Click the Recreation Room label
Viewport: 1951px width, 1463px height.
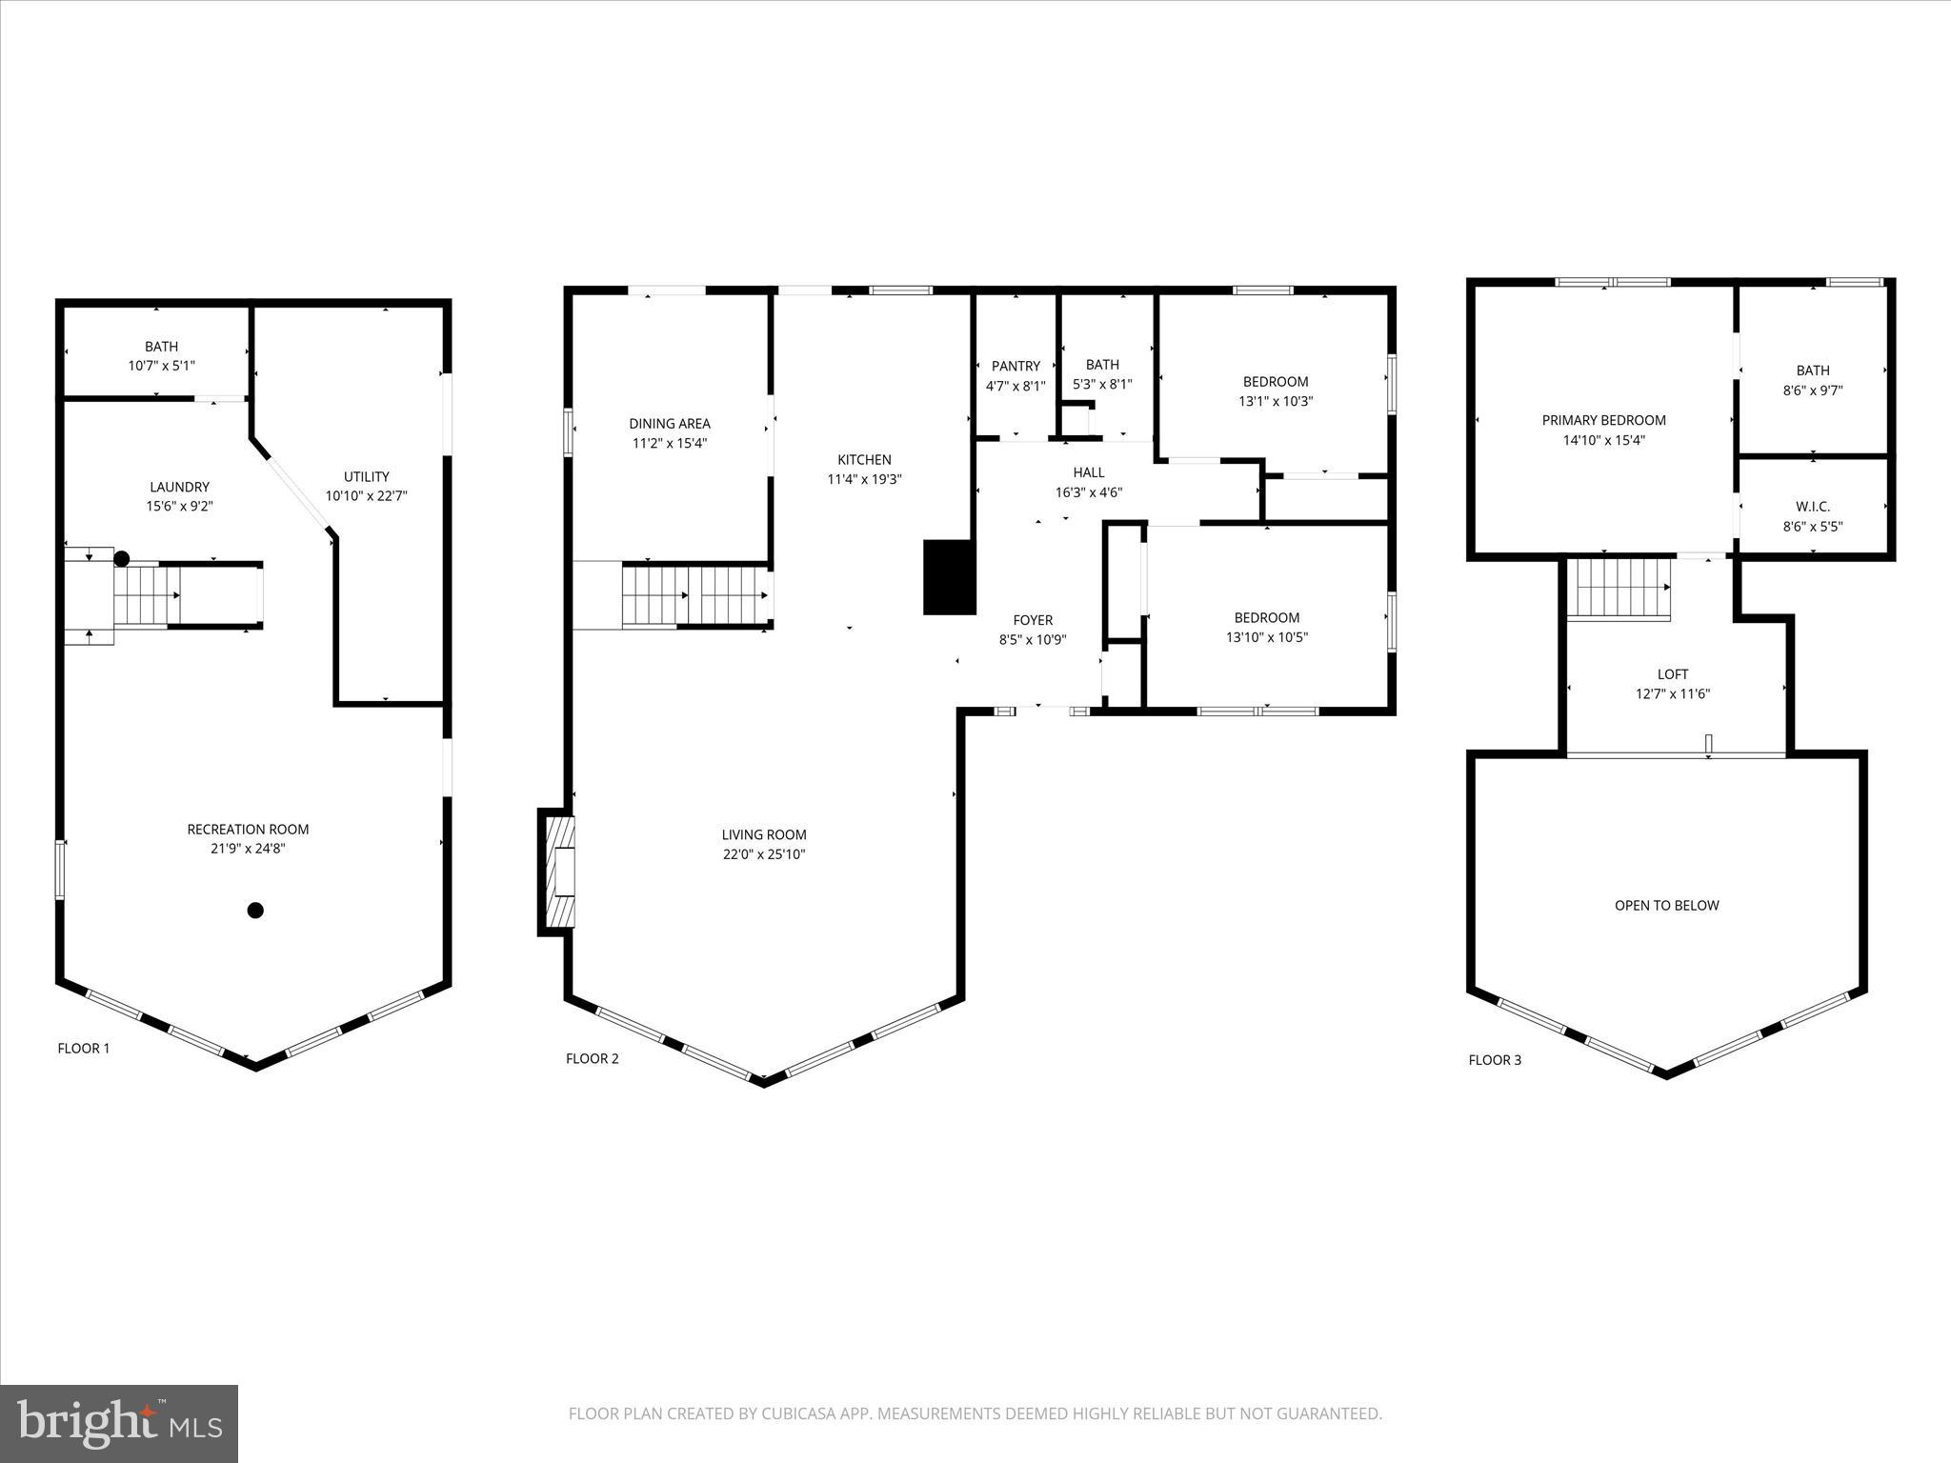tap(248, 830)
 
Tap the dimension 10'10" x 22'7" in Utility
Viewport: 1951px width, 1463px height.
tap(366, 496)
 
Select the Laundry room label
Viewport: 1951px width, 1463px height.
tap(179, 487)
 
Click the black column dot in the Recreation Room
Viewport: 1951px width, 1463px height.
tap(255, 911)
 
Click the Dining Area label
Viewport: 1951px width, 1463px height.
tap(669, 424)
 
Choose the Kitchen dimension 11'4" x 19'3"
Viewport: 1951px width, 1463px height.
tap(864, 480)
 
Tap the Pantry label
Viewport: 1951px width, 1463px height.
tap(1016, 366)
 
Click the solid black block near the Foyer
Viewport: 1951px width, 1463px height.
tap(949, 576)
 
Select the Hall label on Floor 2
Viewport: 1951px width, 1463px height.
tap(1089, 472)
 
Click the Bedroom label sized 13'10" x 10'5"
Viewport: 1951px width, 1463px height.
tap(1266, 617)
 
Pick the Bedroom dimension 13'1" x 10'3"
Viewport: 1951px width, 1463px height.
tap(1276, 402)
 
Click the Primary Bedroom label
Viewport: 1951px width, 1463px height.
tap(1603, 420)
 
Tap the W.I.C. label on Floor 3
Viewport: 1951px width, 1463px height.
tap(1812, 507)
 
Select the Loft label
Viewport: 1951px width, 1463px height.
tap(1672, 674)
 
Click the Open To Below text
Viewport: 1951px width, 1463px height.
tap(1666, 906)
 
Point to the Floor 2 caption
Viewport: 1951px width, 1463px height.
tap(592, 1058)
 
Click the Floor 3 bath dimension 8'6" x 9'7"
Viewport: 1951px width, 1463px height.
tap(1812, 391)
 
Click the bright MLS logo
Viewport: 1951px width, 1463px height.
tap(119, 1424)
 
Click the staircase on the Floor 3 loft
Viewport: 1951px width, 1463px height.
tap(1619, 589)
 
